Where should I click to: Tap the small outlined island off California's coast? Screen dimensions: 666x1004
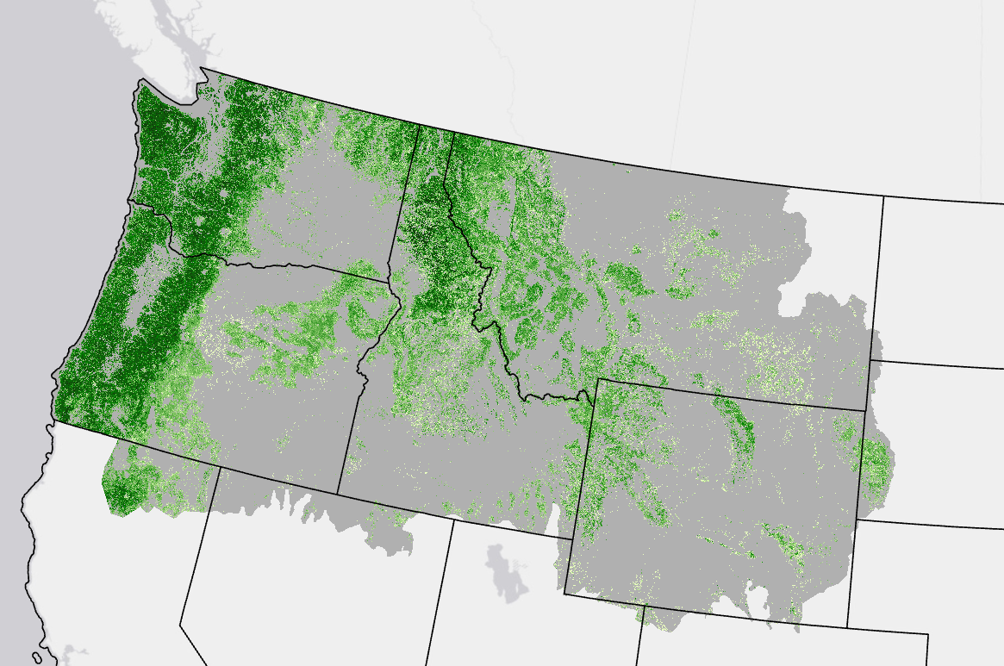click(37, 657)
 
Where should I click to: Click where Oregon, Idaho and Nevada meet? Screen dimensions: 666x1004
click(337, 494)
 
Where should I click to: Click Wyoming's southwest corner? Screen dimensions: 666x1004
click(565, 594)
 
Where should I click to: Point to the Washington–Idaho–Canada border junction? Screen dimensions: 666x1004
click(420, 126)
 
